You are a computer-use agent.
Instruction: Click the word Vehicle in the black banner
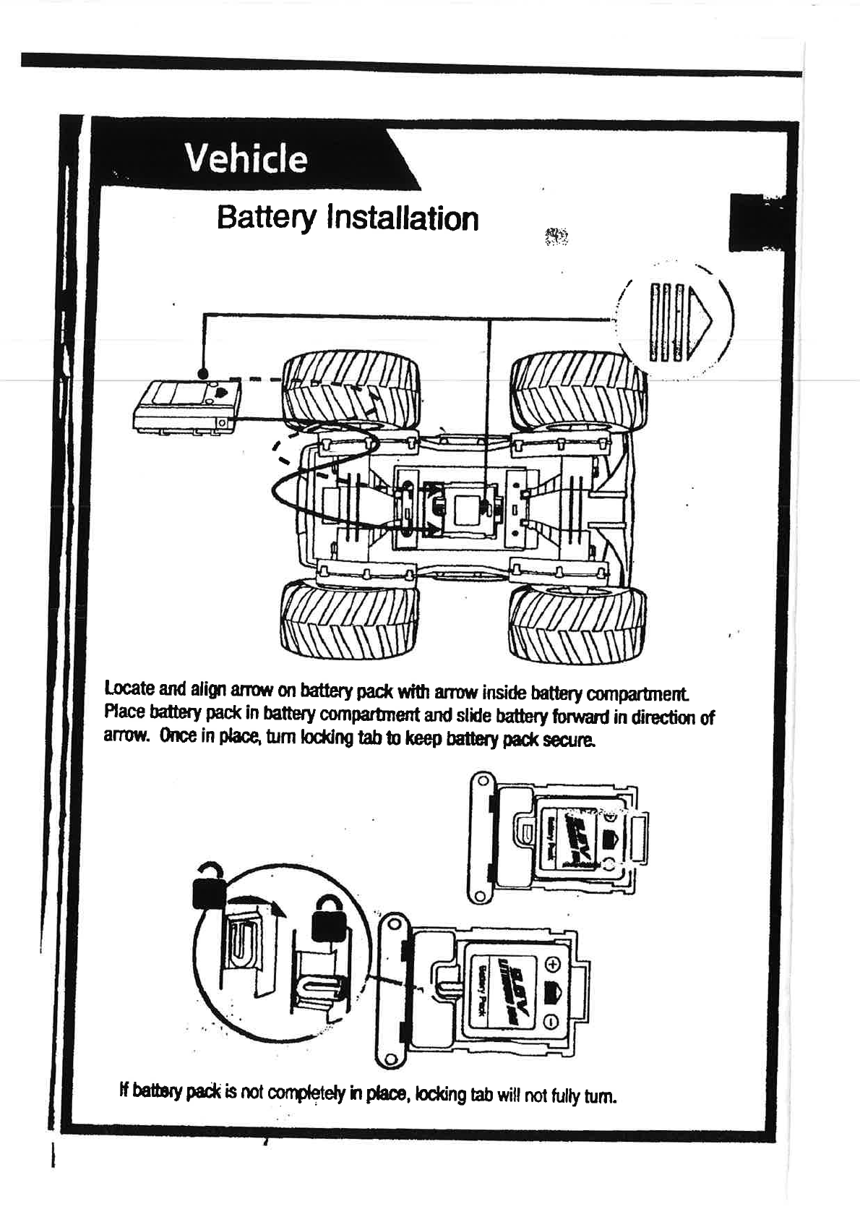tap(246, 158)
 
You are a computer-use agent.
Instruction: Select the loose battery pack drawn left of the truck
tap(188, 407)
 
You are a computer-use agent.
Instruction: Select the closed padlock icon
tap(329, 921)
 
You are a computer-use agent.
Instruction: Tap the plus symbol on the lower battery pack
tap(551, 965)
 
